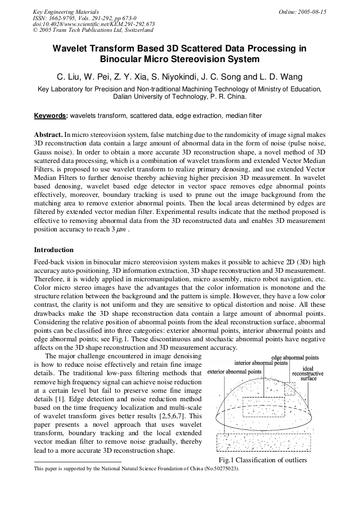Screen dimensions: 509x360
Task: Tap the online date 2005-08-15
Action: pos(312,12)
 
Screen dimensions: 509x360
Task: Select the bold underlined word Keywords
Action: pos(50,116)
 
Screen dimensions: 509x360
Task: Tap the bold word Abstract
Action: pos(48,135)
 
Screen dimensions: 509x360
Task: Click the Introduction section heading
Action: pos(54,249)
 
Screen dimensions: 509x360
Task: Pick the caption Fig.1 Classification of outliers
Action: pos(262,460)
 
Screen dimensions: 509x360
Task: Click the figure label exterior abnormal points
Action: pos(234,372)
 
